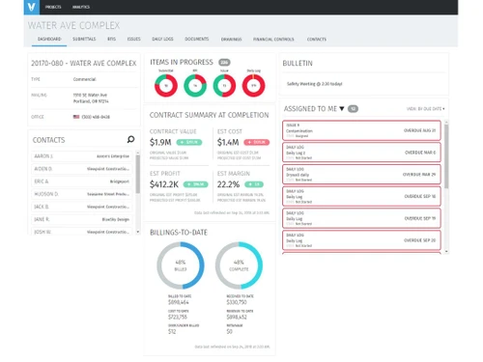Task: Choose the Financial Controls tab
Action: coord(273,40)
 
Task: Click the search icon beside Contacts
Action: coord(131,139)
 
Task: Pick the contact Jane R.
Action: coord(43,218)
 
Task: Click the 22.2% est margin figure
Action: coord(229,183)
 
